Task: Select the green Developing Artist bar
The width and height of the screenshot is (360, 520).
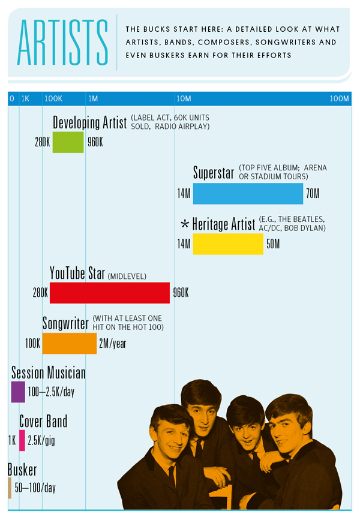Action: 68,142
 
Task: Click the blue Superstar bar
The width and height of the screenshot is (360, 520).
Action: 248,194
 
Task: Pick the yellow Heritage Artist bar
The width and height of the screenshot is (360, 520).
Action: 227,244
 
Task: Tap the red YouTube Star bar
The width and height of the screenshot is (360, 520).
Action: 109,293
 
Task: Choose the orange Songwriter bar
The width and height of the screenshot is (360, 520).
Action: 69,344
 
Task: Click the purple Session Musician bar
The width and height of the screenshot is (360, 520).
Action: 18,392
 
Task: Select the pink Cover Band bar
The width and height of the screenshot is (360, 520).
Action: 22,440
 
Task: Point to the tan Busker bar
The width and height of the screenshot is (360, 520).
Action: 10,488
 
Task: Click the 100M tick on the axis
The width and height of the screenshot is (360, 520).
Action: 339,98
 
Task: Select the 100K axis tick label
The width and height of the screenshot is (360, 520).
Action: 53,98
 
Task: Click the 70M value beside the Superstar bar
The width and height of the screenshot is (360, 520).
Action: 313,194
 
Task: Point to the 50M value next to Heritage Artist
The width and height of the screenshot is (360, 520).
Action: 272,244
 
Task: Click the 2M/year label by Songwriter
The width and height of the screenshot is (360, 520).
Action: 112,344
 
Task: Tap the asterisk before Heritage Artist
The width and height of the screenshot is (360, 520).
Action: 185,225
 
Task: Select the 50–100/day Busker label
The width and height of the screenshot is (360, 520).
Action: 34,488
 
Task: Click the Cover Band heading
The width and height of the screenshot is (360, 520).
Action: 43,422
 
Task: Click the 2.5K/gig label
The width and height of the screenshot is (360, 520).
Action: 41,440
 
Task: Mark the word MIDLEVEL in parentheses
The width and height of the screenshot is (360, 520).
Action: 127,276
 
